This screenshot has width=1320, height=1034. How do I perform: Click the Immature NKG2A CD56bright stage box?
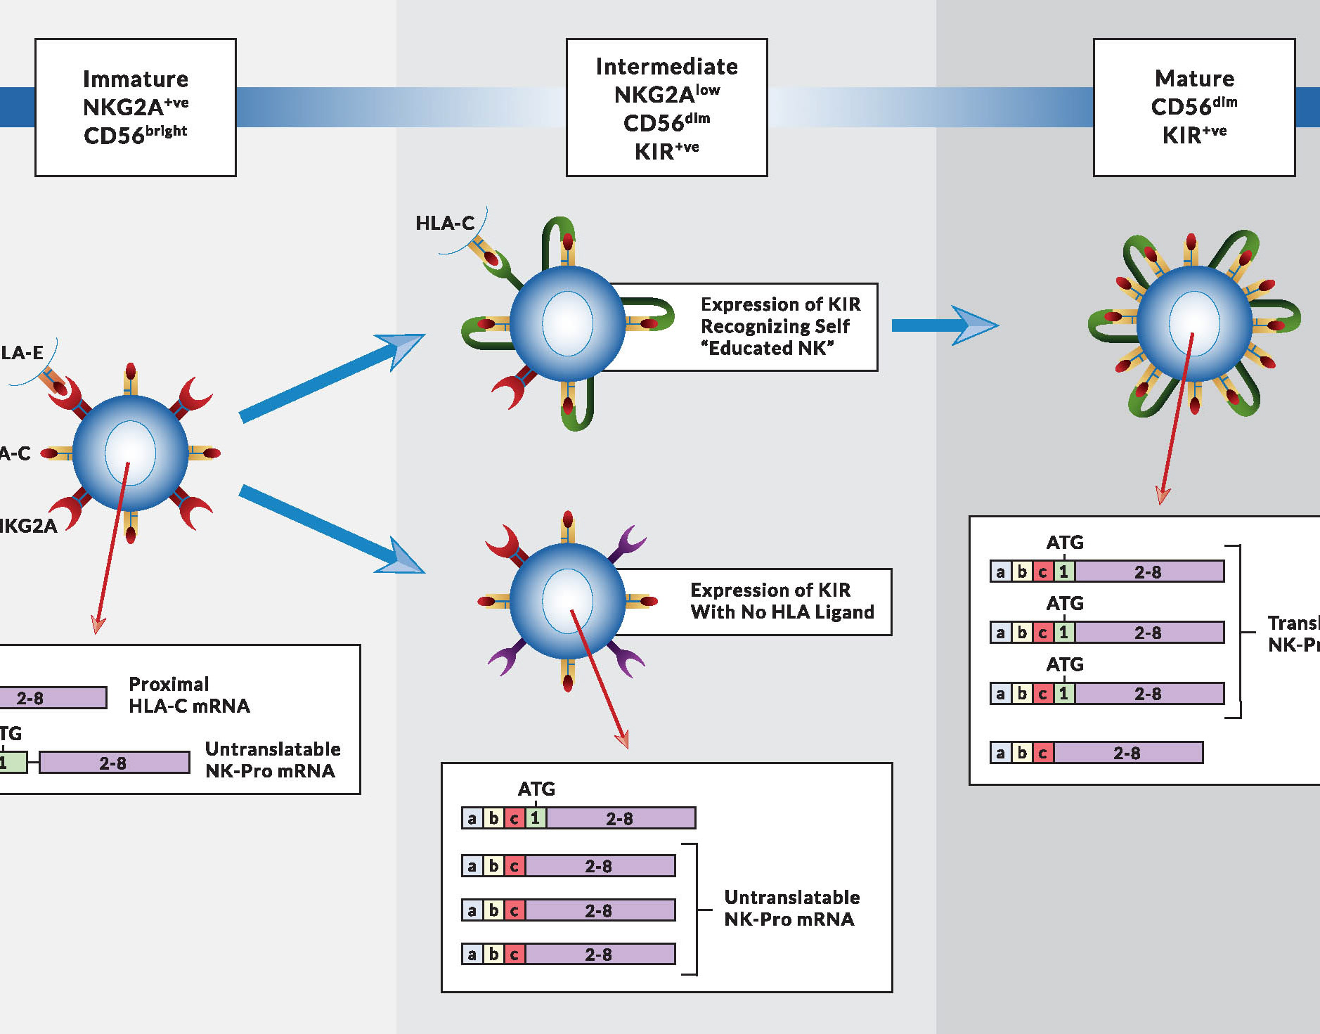[136, 107]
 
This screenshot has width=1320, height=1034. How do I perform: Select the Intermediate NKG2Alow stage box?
[666, 107]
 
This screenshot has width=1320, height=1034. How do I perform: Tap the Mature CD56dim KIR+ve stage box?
[1193, 107]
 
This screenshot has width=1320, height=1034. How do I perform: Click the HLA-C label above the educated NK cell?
[445, 224]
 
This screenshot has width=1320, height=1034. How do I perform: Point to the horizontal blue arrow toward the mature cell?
[942, 325]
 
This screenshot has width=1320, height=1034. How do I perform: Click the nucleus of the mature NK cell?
[1193, 323]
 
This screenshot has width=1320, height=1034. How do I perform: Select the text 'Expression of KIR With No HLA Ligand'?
[782, 601]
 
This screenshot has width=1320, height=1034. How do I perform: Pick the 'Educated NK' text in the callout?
[767, 349]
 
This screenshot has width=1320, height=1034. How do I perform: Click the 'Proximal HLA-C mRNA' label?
[189, 694]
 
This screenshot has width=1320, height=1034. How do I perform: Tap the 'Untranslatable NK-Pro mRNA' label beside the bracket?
[791, 908]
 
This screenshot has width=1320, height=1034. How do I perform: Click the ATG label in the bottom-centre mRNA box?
[536, 789]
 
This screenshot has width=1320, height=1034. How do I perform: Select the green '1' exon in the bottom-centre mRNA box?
[536, 818]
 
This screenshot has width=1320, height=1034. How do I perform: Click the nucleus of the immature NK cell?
[130, 453]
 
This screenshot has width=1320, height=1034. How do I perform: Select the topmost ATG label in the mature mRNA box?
[1064, 543]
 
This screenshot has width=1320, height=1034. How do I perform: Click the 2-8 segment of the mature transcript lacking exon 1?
[1127, 753]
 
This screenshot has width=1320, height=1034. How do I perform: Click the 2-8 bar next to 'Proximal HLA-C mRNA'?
[53, 698]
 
